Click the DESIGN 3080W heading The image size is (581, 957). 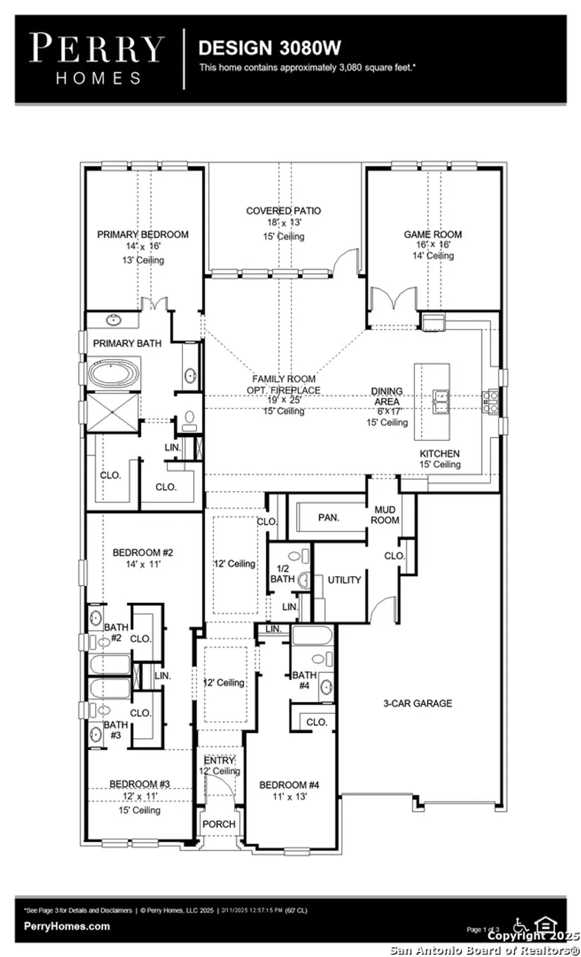269,48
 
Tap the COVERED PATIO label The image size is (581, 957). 284,211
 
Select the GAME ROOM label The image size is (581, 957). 432,234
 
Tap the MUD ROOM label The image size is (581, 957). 385,514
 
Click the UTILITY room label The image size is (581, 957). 344,580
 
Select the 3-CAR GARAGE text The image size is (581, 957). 417,703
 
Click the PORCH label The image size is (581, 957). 219,824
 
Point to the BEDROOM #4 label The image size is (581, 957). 289,785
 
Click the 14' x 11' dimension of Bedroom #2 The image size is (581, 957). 143,564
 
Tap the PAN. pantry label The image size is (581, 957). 328,517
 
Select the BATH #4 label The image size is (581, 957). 304,680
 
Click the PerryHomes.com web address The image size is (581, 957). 66,926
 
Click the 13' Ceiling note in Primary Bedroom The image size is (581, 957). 143,260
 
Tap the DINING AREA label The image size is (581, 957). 387,396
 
